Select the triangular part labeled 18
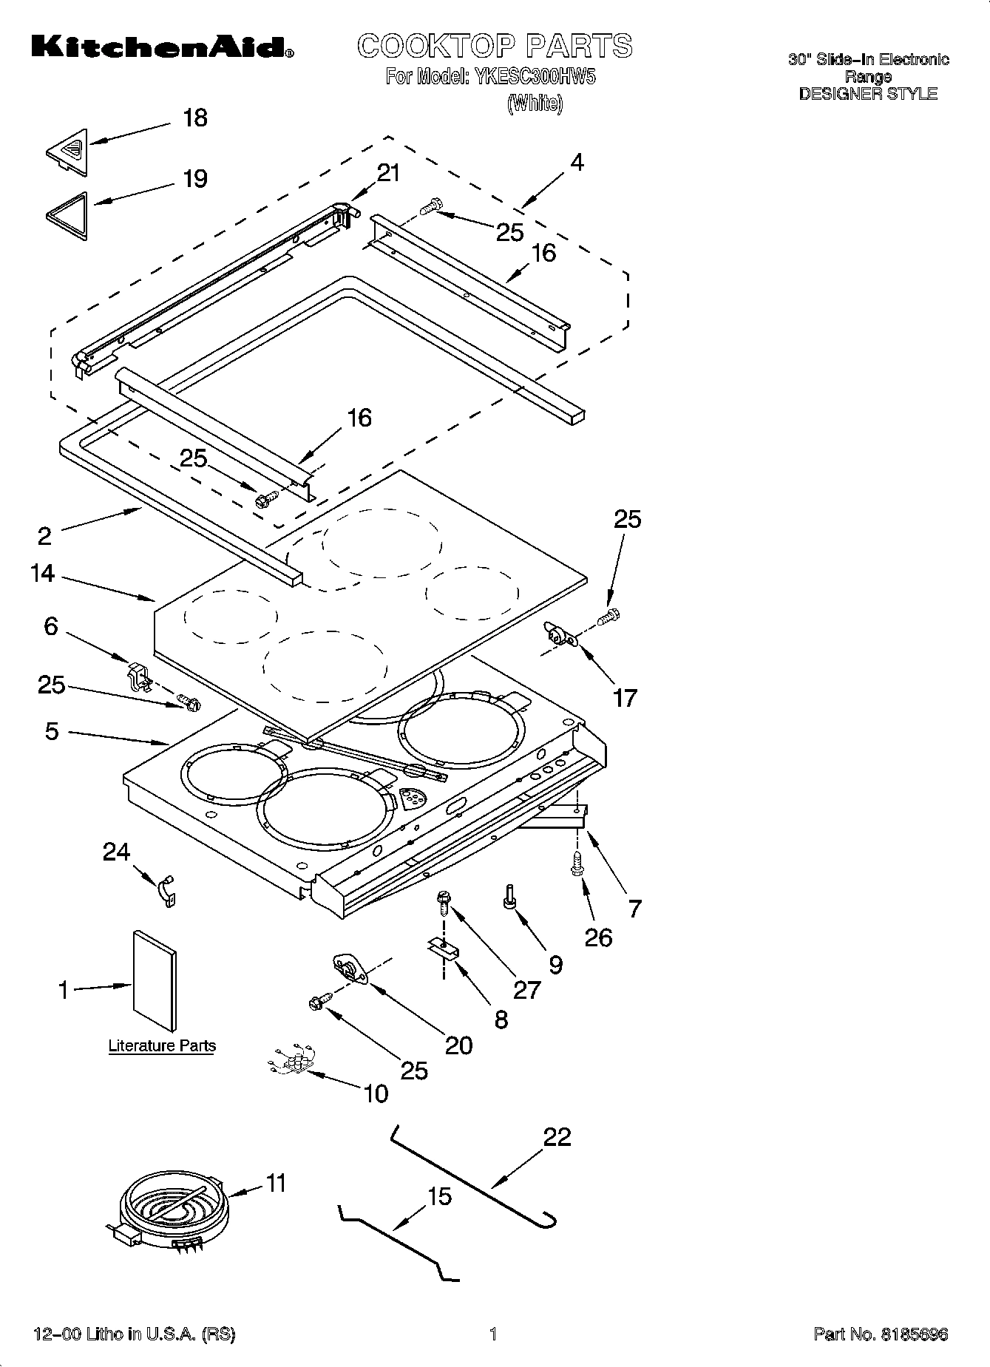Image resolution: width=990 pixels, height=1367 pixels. [x=67, y=152]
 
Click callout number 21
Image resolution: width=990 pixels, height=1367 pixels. [x=388, y=173]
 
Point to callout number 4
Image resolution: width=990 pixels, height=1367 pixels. [x=577, y=162]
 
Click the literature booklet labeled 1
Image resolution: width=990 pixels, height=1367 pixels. [x=155, y=981]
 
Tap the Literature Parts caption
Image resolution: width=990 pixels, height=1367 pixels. [x=162, y=1045]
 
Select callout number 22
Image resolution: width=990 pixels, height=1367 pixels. [x=557, y=1136]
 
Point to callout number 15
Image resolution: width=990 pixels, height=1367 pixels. [x=439, y=1195]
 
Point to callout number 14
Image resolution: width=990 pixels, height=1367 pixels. [x=43, y=573]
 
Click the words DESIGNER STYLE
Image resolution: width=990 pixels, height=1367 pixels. [x=868, y=94]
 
